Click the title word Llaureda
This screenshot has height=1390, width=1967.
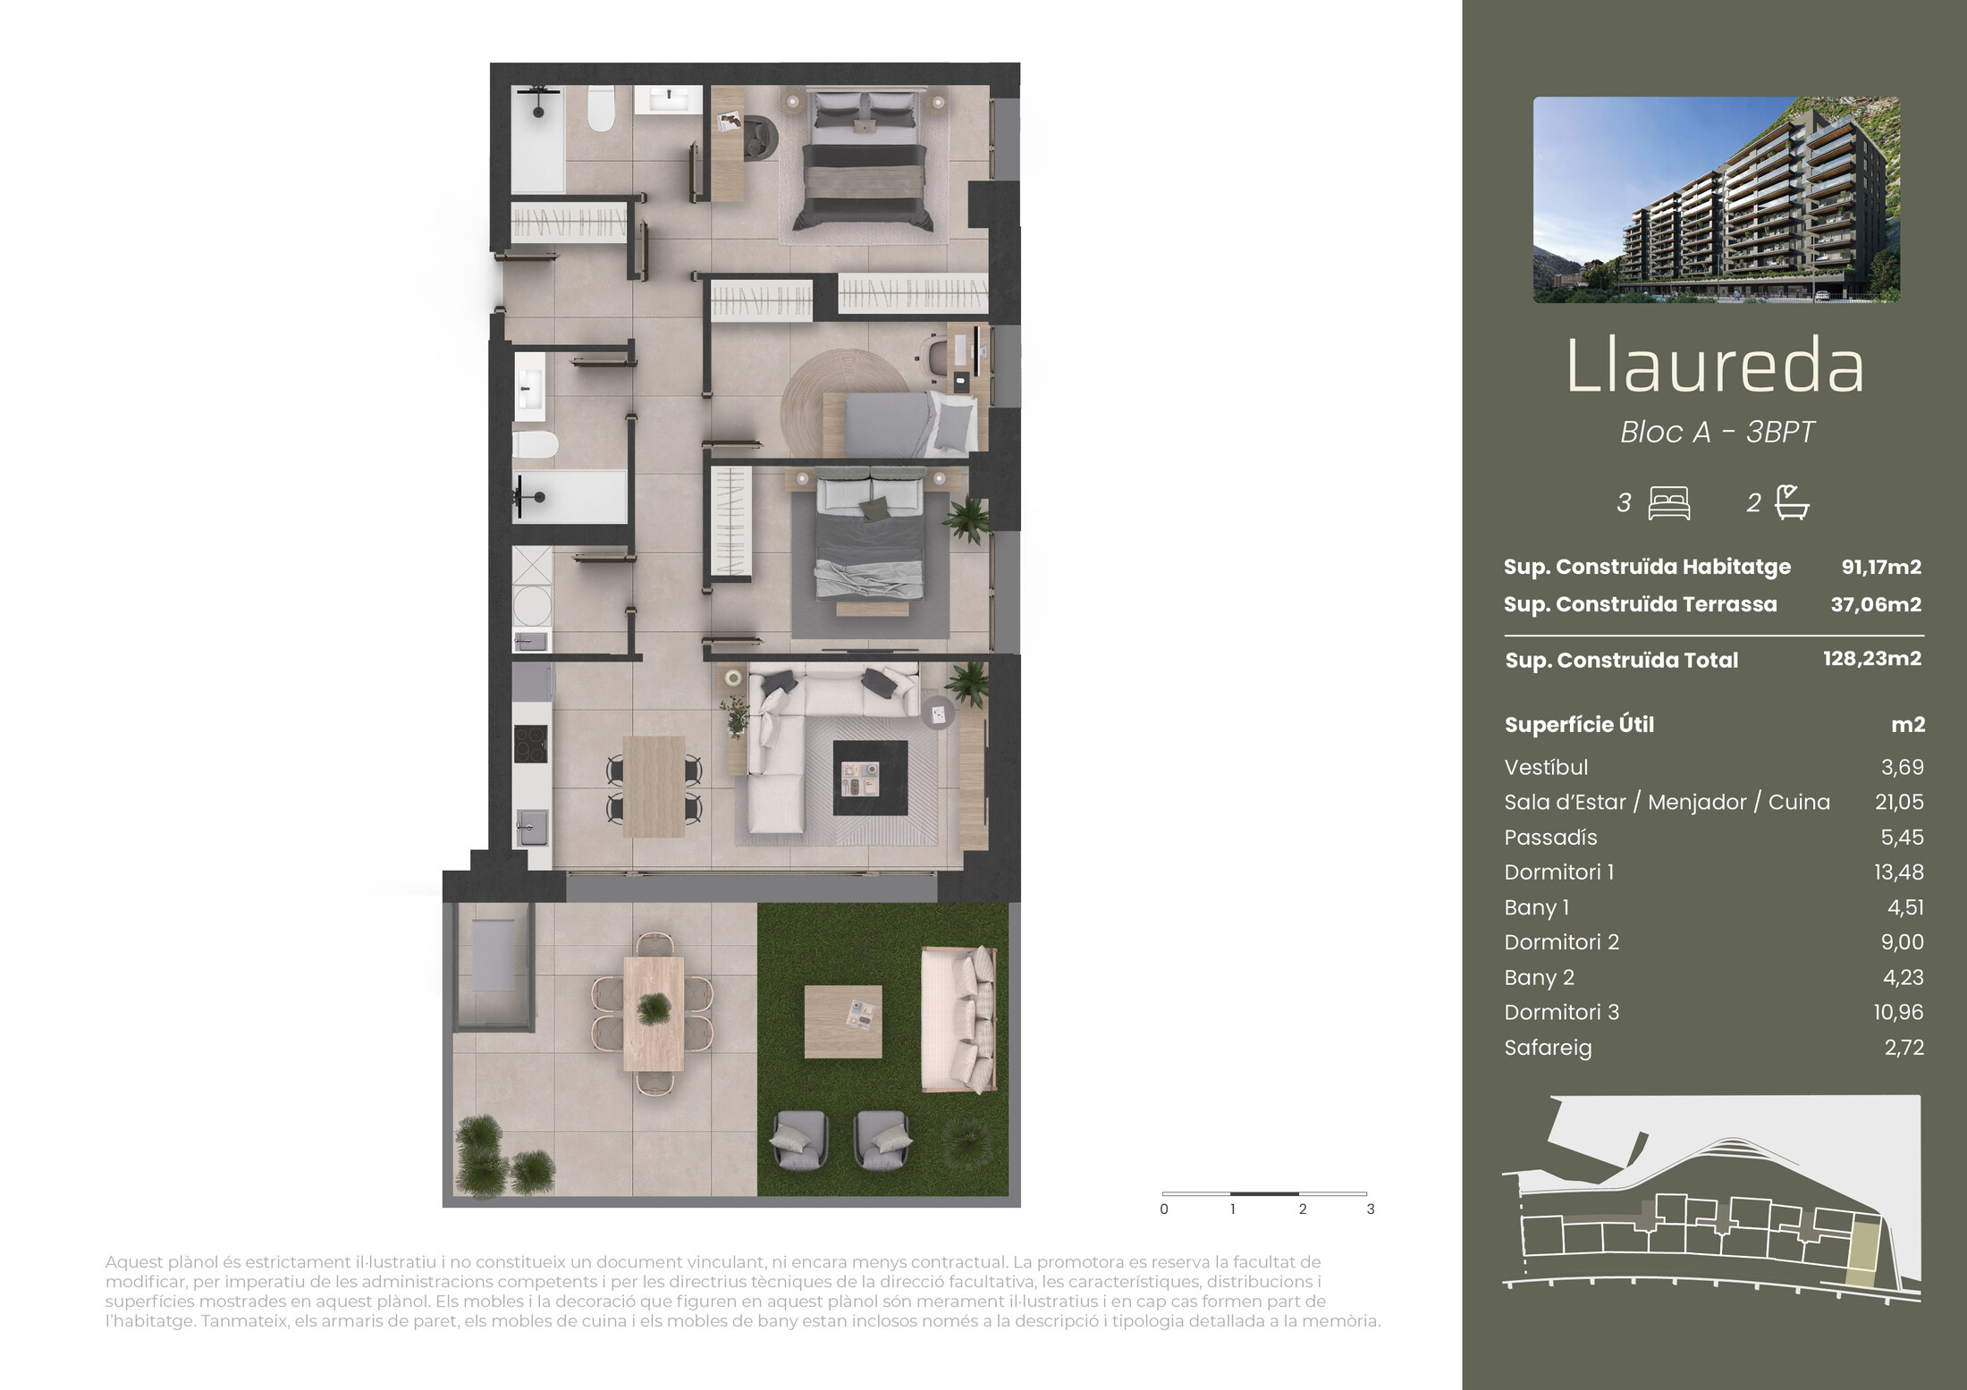[1716, 366]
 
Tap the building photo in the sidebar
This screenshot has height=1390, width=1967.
[1717, 199]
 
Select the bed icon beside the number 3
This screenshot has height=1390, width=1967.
[1668, 502]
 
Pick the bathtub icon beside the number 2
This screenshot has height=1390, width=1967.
[1792, 501]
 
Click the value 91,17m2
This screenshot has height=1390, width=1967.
[1881, 567]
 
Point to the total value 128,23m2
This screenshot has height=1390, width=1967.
[1872, 659]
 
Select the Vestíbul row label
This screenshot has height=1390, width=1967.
[1546, 767]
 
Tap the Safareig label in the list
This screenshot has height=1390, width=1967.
[1548, 1048]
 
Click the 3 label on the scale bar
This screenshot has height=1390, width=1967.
[1371, 1209]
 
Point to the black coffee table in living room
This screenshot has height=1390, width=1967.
[870, 778]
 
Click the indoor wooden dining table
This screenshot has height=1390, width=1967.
[654, 787]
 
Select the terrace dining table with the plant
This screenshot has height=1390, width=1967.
[654, 1014]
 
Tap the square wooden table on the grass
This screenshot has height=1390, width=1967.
[843, 1022]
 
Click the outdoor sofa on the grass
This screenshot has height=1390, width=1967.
[959, 1020]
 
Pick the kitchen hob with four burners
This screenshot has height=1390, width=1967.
[530, 744]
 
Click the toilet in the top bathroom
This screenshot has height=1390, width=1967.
[602, 109]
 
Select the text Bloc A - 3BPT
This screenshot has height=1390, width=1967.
[1717, 433]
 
